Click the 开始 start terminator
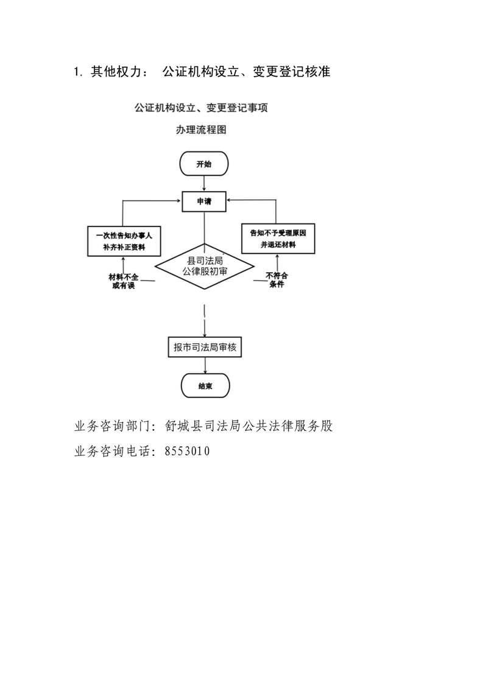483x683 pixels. click(x=204, y=164)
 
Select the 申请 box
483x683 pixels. click(x=204, y=201)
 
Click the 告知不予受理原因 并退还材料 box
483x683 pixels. click(x=277, y=238)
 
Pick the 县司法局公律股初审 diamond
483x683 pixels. click(x=204, y=267)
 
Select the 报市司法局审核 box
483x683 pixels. click(x=204, y=347)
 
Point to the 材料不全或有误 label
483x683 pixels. click(x=124, y=281)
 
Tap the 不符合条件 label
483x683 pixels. click(x=277, y=280)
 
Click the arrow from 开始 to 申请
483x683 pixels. click(x=204, y=183)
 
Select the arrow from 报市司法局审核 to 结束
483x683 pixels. click(x=205, y=365)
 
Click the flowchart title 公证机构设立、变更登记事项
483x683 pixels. click(x=201, y=108)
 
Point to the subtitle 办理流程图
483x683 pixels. click(x=201, y=130)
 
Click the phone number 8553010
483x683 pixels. click(x=188, y=451)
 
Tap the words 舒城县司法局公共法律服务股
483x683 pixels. click(x=249, y=426)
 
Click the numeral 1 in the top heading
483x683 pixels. click(x=77, y=72)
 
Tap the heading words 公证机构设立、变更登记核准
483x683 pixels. click(x=246, y=72)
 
